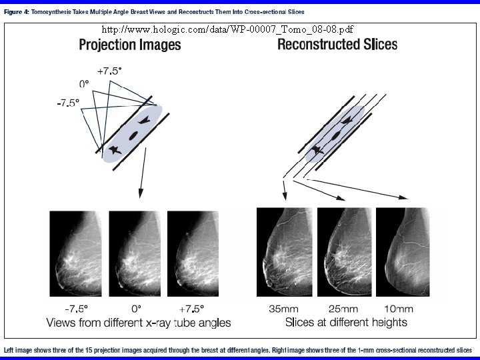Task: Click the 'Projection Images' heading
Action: coord(130,45)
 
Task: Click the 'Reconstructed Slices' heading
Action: coord(337,45)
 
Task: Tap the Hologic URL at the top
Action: coord(227,29)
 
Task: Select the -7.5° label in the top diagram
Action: coord(67,103)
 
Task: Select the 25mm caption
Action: coord(343,309)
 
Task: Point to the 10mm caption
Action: coord(399,309)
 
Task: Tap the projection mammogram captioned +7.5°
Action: coord(193,253)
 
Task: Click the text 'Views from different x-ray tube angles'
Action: coord(138,323)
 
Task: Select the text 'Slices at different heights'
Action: coord(345,323)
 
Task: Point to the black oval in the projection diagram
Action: coord(133,135)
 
